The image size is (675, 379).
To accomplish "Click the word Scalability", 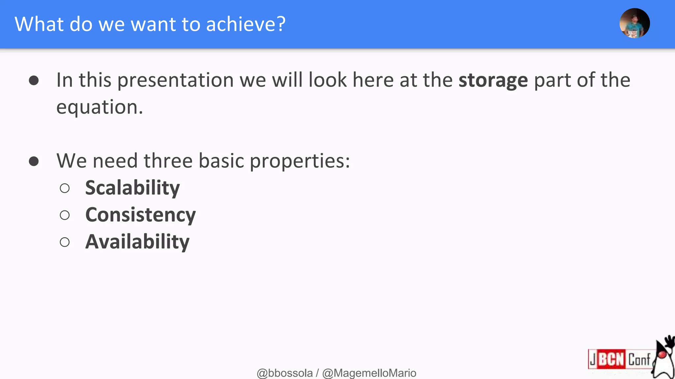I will [x=132, y=188].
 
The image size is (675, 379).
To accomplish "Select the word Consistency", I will [x=140, y=215].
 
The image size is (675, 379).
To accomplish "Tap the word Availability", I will [x=137, y=242].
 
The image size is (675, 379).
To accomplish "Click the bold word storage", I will [x=493, y=80].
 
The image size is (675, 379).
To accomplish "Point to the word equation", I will [x=99, y=107].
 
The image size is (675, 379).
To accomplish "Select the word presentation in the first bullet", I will [x=175, y=80].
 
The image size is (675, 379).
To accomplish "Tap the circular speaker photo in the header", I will [x=634, y=23].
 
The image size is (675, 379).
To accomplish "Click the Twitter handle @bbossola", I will [x=284, y=373].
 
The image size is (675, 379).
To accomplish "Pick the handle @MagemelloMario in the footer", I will [x=369, y=373].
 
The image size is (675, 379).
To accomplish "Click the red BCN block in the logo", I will [x=611, y=359].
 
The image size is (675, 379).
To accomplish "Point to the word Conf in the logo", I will [x=639, y=359].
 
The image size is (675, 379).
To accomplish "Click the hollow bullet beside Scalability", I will [x=65, y=188].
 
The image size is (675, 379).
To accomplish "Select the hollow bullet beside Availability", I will [x=65, y=242].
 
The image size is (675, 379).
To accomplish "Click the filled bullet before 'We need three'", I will [x=34, y=161].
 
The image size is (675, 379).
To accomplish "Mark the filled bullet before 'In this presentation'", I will [x=34, y=81].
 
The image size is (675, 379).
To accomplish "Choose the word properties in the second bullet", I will [x=299, y=161].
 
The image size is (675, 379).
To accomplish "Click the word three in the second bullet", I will [x=168, y=161].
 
